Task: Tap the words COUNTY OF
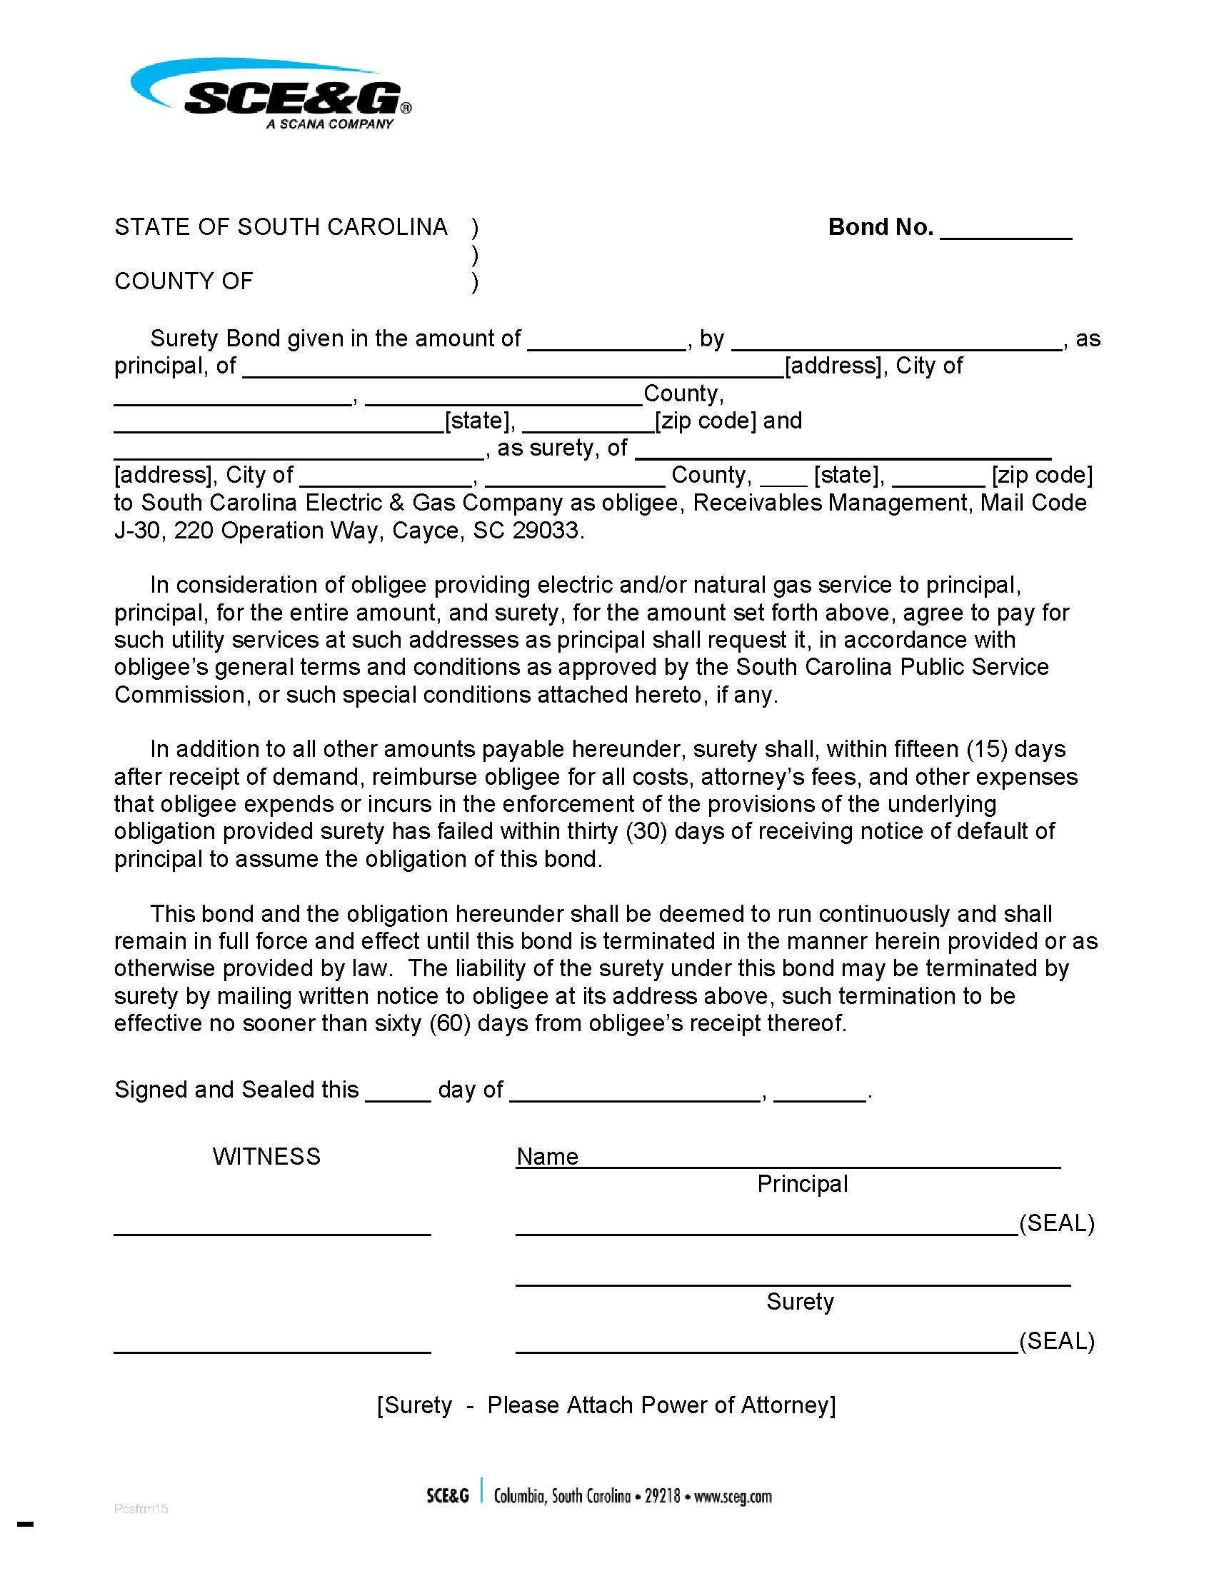point(184,281)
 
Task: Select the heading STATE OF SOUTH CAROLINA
point(281,227)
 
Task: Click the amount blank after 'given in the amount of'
point(607,341)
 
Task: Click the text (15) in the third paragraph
point(986,750)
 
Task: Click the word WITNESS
point(266,1157)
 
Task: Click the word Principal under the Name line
point(802,1184)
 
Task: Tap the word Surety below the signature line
point(800,1301)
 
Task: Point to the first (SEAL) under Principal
point(1056,1223)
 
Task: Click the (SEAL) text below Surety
point(1056,1341)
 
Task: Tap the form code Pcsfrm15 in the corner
point(141,1508)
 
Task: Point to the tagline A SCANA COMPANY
point(329,124)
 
